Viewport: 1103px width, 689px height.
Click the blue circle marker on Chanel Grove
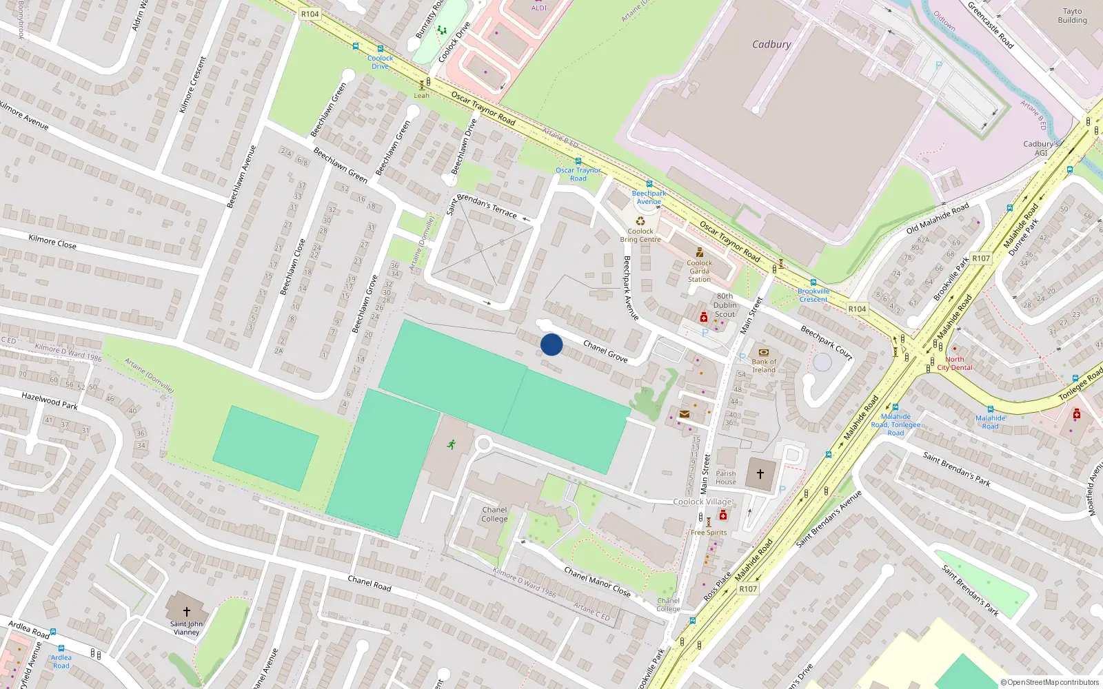(551, 344)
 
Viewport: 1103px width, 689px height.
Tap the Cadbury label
(771, 44)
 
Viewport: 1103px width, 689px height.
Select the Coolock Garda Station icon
(699, 253)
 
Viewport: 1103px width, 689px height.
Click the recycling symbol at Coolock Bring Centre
(640, 221)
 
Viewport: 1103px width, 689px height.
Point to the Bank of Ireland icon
(763, 353)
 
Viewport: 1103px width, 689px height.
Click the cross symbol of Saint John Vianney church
(186, 611)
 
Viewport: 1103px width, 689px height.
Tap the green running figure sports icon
(452, 444)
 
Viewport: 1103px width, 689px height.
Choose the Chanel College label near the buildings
(494, 515)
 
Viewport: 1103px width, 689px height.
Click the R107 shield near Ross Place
(748, 589)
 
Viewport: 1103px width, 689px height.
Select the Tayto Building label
(1072, 16)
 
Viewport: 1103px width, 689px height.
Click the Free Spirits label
(709, 533)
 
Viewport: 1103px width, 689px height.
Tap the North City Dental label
(955, 364)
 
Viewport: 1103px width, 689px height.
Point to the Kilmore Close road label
(52, 242)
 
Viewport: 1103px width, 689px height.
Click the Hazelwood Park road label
(50, 400)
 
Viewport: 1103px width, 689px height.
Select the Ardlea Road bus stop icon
(61, 649)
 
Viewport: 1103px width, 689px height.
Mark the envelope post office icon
(685, 414)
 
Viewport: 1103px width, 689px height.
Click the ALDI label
(539, 8)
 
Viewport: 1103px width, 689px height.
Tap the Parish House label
(726, 477)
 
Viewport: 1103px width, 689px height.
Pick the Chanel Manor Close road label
(597, 582)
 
